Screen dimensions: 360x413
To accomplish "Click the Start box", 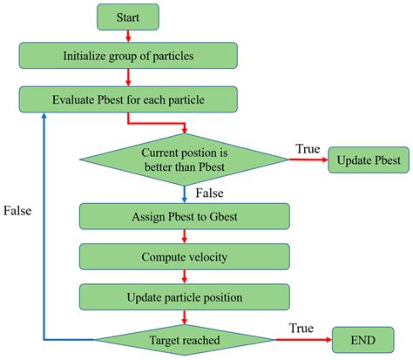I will click(128, 17).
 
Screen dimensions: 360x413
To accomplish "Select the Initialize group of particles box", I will click(128, 57).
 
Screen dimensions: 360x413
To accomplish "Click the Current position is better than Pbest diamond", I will click(183, 159).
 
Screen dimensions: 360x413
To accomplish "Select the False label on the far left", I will click(18, 210).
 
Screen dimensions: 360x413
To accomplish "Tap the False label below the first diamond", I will click(209, 190).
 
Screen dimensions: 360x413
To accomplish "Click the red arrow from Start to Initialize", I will click(128, 36).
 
